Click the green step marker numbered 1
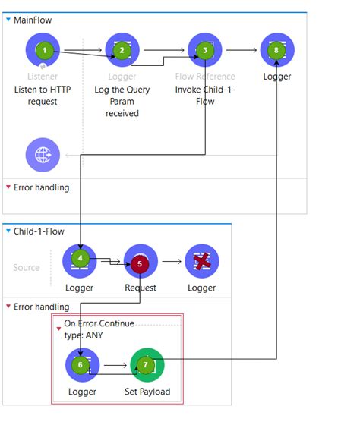(45, 51)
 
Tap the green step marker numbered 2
(122, 51)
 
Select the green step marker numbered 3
(205, 51)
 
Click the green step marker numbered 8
(277, 51)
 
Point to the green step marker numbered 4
(79, 258)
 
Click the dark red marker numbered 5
(139, 264)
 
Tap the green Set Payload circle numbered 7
(147, 366)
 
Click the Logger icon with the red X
(201, 261)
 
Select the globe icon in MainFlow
(43, 155)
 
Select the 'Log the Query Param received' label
(122, 102)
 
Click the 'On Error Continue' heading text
(99, 323)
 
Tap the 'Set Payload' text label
(147, 392)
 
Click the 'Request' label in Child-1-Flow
(141, 288)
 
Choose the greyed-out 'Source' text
(27, 267)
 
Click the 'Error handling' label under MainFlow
(41, 187)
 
